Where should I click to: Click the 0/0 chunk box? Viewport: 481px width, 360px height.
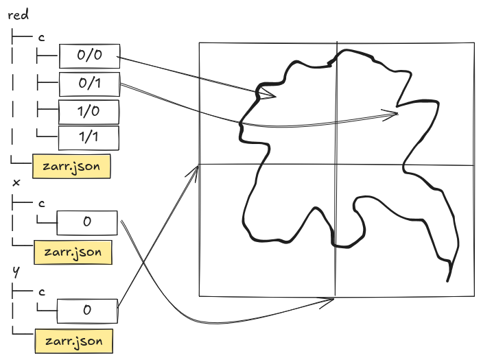tap(89, 57)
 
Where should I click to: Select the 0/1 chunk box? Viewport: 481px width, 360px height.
tap(89, 84)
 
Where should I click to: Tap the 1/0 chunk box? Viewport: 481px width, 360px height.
tap(89, 111)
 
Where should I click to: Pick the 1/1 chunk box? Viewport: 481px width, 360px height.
tap(89, 137)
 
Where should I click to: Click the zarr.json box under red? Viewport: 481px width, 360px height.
tap(72, 167)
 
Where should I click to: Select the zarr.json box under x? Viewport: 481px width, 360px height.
tap(72, 252)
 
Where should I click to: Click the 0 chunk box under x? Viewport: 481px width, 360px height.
tap(87, 222)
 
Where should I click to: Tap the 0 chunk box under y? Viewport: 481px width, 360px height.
tap(87, 309)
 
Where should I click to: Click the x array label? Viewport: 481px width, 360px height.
tap(16, 183)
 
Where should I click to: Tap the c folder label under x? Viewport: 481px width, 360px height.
tap(42, 203)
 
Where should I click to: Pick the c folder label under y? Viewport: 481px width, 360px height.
tap(42, 291)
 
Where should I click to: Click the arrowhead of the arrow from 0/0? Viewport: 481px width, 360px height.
tap(273, 96)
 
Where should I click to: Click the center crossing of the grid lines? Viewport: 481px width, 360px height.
tap(336, 165)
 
